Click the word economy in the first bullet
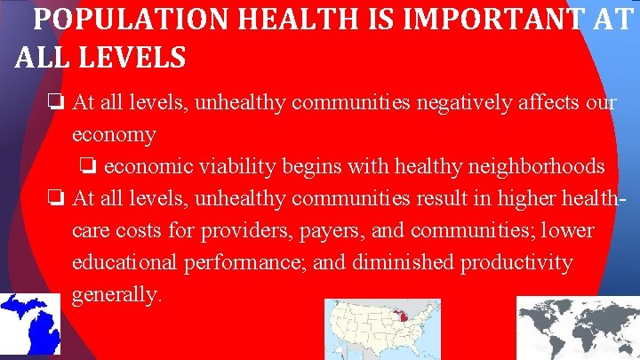(114, 135)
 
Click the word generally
(116, 295)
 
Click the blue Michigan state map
(30, 325)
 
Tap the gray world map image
(578, 329)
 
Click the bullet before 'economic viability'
(88, 166)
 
